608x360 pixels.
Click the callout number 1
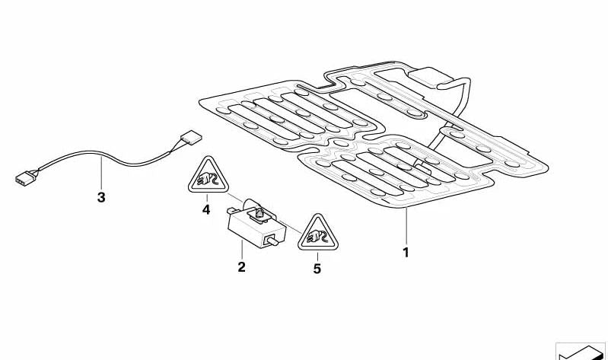pyautogui.click(x=406, y=252)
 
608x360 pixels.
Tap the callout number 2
pyautogui.click(x=241, y=266)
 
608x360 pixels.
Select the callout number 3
pyautogui.click(x=101, y=198)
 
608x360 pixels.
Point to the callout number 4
pyautogui.click(x=205, y=209)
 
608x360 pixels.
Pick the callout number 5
pyautogui.click(x=317, y=268)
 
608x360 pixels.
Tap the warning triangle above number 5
pyautogui.click(x=314, y=234)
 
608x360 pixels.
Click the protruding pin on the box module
pyautogui.click(x=270, y=242)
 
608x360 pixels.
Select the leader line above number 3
pyautogui.click(x=103, y=176)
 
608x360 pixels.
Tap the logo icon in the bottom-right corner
pyautogui.click(x=581, y=351)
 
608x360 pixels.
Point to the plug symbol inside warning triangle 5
pyautogui.click(x=314, y=238)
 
